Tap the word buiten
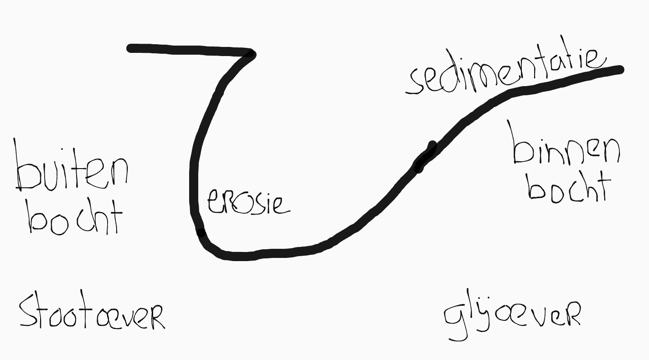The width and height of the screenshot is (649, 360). [x=72, y=169]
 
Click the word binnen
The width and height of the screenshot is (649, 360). [x=567, y=145]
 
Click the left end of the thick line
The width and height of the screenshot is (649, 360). [x=130, y=48]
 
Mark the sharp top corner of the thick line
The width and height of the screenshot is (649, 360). [x=251, y=54]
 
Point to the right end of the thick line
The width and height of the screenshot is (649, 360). [x=620, y=70]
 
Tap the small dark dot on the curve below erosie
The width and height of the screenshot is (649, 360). [x=201, y=232]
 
